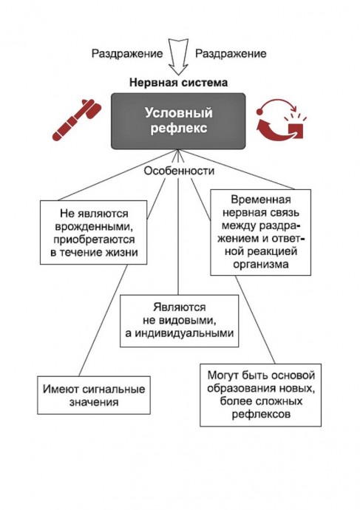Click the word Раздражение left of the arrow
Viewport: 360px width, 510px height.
127,54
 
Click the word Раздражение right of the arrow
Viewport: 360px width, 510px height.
231,54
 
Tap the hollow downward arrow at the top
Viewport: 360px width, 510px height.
179,57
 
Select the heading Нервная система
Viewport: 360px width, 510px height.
179,82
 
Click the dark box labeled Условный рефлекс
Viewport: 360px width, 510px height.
178,121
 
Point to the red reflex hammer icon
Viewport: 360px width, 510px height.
77,120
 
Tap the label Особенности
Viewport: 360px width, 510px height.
179,171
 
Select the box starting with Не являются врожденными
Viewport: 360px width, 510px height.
94,232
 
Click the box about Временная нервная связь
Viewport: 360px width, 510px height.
260,232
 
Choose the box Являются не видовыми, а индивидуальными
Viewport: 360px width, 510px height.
179,321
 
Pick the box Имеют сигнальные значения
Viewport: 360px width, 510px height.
94,395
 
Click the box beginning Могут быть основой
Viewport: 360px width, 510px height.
260,395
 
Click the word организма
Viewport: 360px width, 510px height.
260,264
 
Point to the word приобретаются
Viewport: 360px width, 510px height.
94,239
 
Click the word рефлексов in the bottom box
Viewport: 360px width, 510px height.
261,415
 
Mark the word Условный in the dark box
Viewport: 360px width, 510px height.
179,113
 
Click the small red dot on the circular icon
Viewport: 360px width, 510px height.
259,112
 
